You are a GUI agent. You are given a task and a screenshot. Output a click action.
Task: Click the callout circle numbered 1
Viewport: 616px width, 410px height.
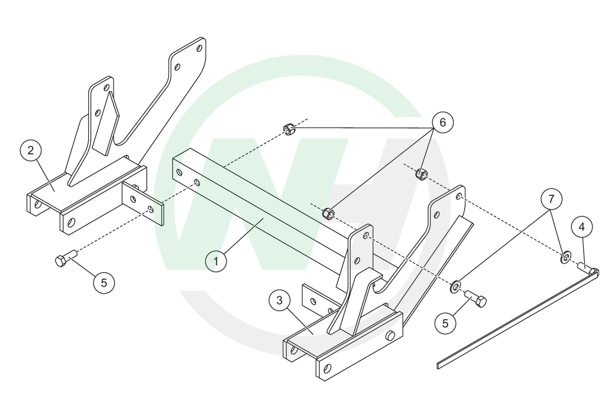pyautogui.click(x=216, y=261)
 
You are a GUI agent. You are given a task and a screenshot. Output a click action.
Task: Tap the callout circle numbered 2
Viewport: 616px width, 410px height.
pyautogui.click(x=30, y=151)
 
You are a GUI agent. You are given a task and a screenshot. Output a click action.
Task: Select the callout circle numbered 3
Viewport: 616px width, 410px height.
pyautogui.click(x=279, y=301)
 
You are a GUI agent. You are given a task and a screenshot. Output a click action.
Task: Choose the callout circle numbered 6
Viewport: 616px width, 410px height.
pyautogui.click(x=443, y=122)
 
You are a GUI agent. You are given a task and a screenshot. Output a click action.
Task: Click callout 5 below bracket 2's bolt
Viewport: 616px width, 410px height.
pyautogui.click(x=104, y=282)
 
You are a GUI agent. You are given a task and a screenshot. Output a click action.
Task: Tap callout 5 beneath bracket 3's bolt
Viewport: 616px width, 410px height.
pyautogui.click(x=445, y=323)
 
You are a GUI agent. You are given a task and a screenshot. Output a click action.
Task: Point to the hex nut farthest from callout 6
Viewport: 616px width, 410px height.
pyautogui.click(x=288, y=129)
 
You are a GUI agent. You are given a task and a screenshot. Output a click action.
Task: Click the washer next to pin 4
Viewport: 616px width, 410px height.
pyautogui.click(x=565, y=257)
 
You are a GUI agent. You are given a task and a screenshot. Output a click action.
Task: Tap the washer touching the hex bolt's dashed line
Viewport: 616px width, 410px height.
pyautogui.click(x=455, y=286)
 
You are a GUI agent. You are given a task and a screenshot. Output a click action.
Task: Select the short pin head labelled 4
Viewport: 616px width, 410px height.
pyautogui.click(x=584, y=267)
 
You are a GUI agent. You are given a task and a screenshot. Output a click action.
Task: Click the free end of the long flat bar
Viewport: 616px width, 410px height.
pyautogui.click(x=440, y=365)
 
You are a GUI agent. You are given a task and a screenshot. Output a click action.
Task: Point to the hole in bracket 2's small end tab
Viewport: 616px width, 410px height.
pyautogui.click(x=149, y=209)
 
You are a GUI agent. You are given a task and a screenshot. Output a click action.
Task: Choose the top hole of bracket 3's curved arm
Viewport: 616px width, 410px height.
pyautogui.click(x=458, y=196)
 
